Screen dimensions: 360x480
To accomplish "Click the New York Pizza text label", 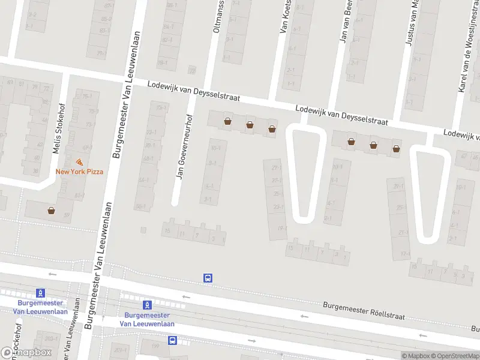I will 79,172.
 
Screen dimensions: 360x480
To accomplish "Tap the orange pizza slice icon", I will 79,162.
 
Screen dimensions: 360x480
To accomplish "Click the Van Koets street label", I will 286,16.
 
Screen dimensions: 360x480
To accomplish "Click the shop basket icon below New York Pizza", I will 51,211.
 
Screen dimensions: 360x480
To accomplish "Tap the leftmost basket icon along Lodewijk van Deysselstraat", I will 227,122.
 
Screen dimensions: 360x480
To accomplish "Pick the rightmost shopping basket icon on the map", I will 396,148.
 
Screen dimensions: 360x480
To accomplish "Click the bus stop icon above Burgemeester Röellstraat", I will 208,278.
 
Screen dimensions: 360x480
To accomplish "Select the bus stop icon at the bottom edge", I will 172,340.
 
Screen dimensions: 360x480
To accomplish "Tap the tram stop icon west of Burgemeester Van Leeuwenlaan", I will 40,292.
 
